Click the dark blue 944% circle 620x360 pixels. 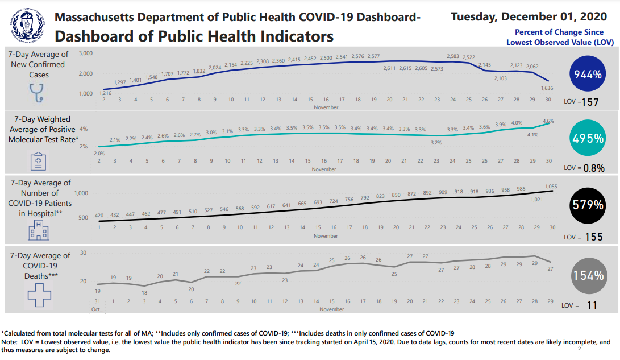click(588, 75)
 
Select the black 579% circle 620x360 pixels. click(588, 205)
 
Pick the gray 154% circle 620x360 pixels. click(588, 275)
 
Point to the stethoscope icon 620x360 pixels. click(37, 93)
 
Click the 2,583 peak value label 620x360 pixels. click(453, 56)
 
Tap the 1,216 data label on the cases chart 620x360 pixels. click(105, 92)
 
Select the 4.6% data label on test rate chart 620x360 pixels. click(548, 121)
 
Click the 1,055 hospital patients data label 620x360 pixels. click(551, 186)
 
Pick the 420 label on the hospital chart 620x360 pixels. click(99, 216)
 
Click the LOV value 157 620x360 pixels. click(594, 102)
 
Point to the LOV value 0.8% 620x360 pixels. click(594, 168)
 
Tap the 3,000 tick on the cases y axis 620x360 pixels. click(85, 53)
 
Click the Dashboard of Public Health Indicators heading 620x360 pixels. click(194, 36)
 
